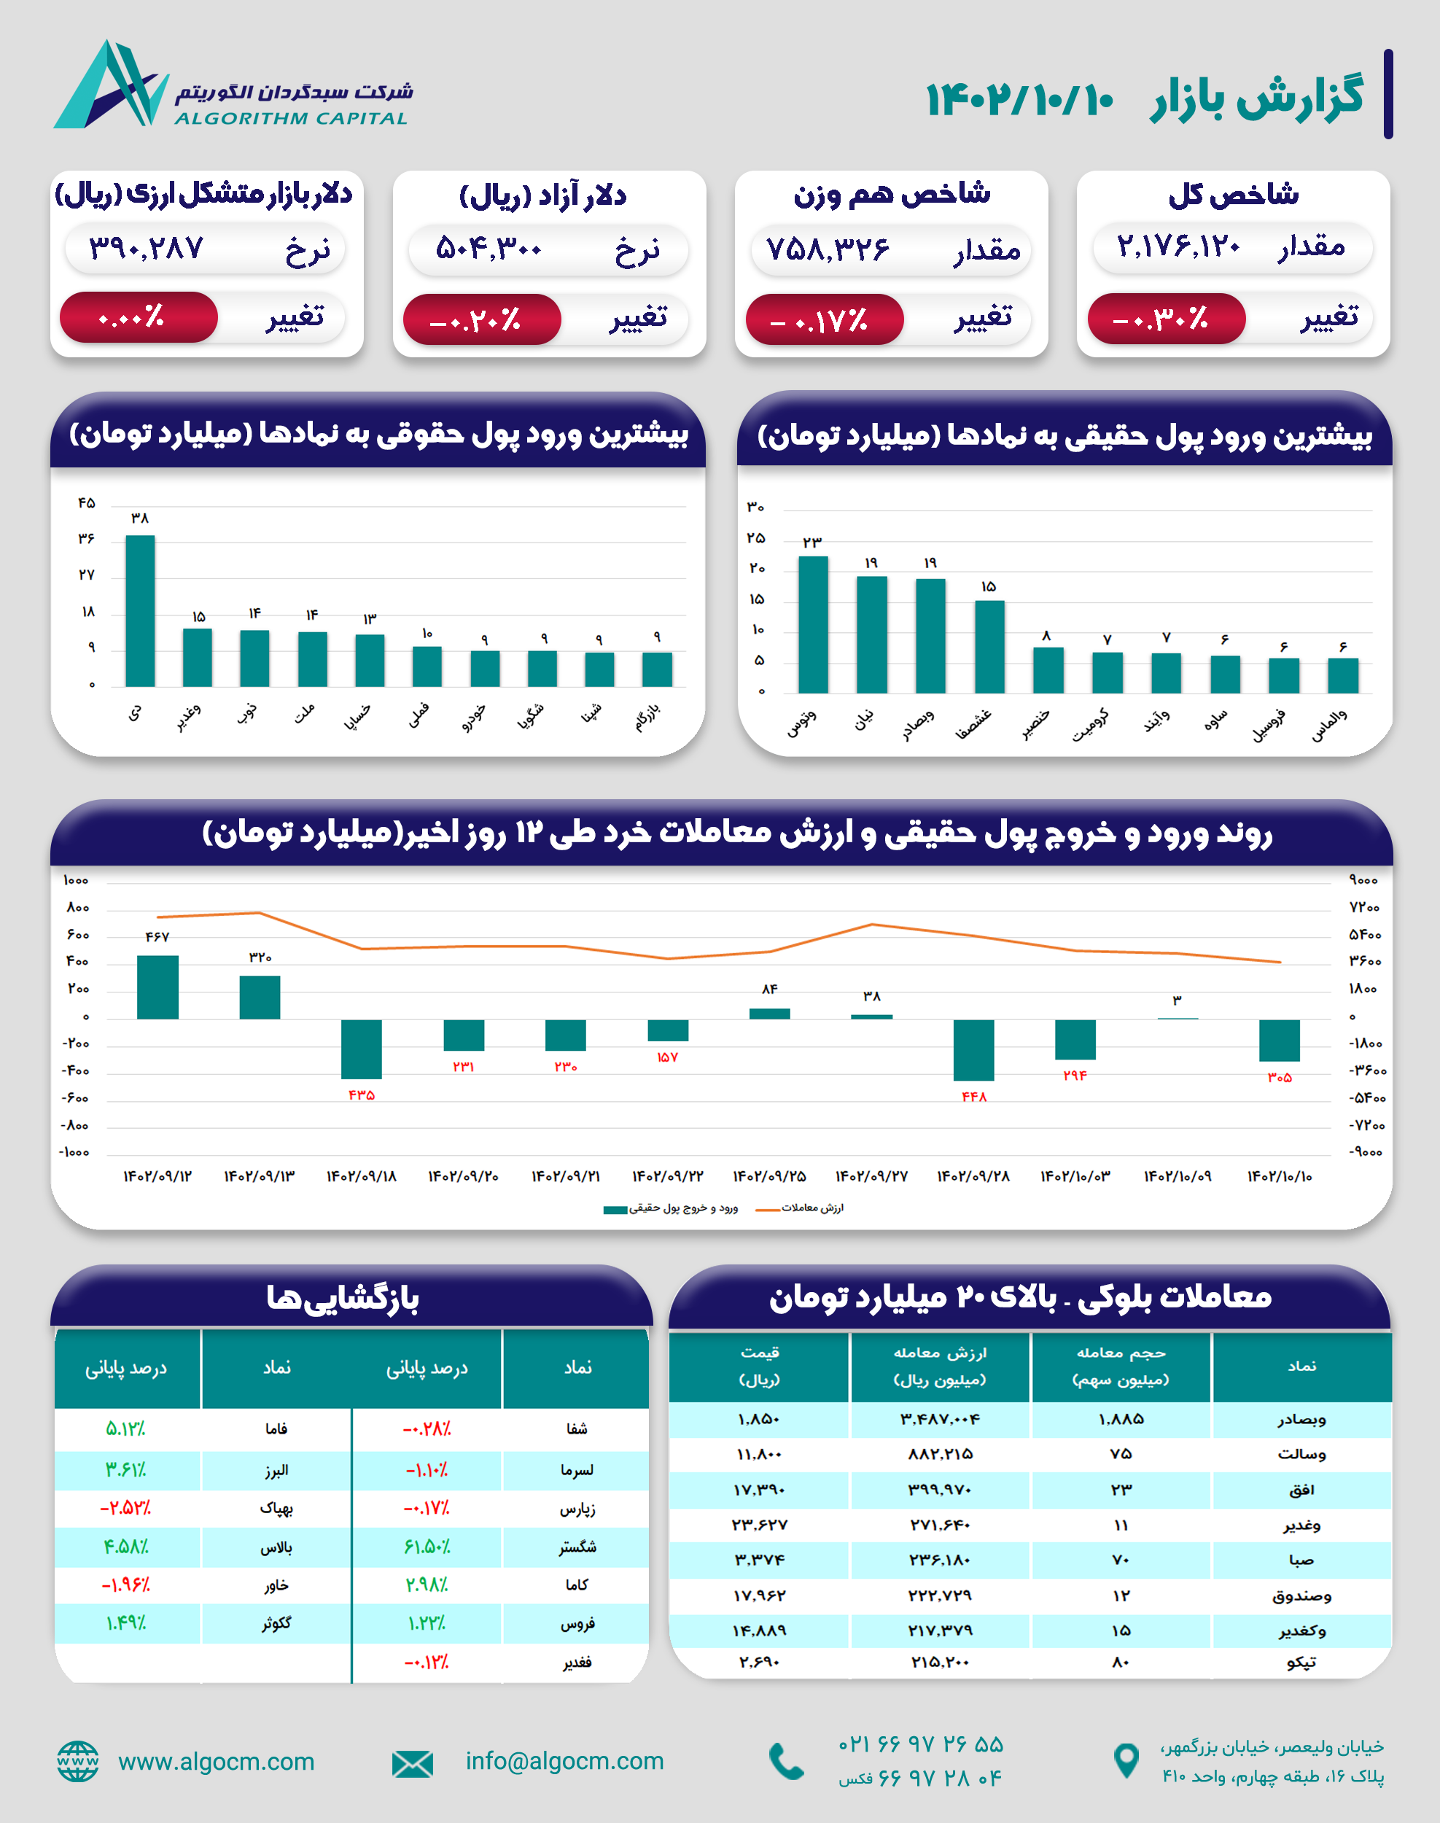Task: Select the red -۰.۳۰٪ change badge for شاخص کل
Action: point(1165,319)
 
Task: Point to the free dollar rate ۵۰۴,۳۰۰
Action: point(489,249)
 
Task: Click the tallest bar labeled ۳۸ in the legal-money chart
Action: point(140,610)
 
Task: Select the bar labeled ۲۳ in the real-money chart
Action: point(813,625)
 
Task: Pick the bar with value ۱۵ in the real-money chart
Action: point(989,647)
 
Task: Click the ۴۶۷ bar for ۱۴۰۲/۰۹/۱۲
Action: point(157,987)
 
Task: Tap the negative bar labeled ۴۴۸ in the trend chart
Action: point(974,1050)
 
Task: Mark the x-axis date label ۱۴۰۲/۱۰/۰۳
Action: point(1075,1176)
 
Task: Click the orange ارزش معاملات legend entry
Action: point(801,1208)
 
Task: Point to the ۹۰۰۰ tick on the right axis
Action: point(1363,880)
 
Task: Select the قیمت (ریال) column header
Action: point(759,1366)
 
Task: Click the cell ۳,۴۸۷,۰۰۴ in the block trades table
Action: point(939,1419)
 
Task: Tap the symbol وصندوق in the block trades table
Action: point(1301,1595)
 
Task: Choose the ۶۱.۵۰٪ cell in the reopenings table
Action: point(427,1547)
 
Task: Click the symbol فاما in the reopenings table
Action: point(276,1429)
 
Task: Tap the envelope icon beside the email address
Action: point(412,1763)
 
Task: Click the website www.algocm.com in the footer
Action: point(216,1762)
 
